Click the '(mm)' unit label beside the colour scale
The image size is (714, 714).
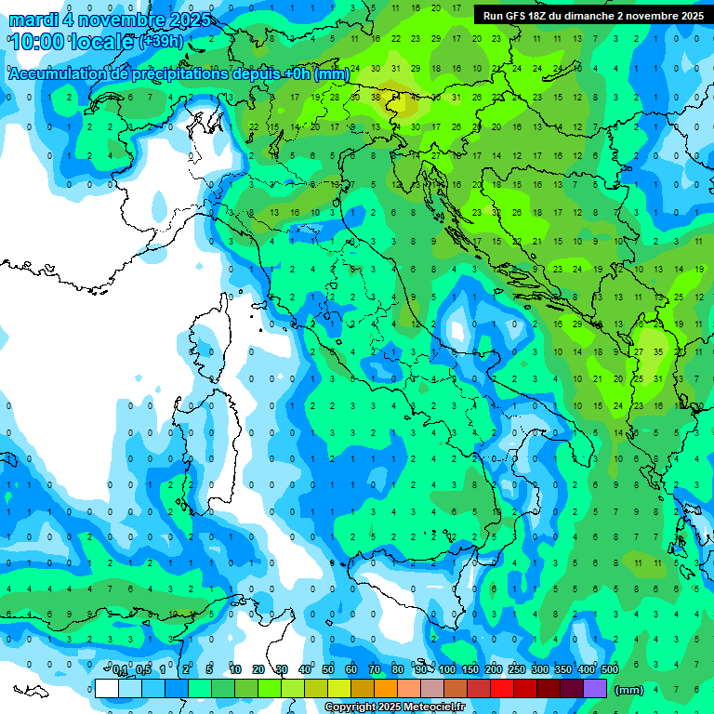click(x=629, y=690)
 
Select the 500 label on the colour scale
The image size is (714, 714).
click(x=609, y=670)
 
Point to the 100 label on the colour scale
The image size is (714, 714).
click(x=447, y=670)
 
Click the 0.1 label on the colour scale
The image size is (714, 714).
click(x=121, y=670)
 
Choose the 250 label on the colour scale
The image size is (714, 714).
click(x=517, y=670)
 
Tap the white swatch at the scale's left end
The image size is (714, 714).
click(x=107, y=688)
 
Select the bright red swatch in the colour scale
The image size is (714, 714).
click(x=502, y=688)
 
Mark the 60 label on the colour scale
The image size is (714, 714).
click(x=351, y=670)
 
